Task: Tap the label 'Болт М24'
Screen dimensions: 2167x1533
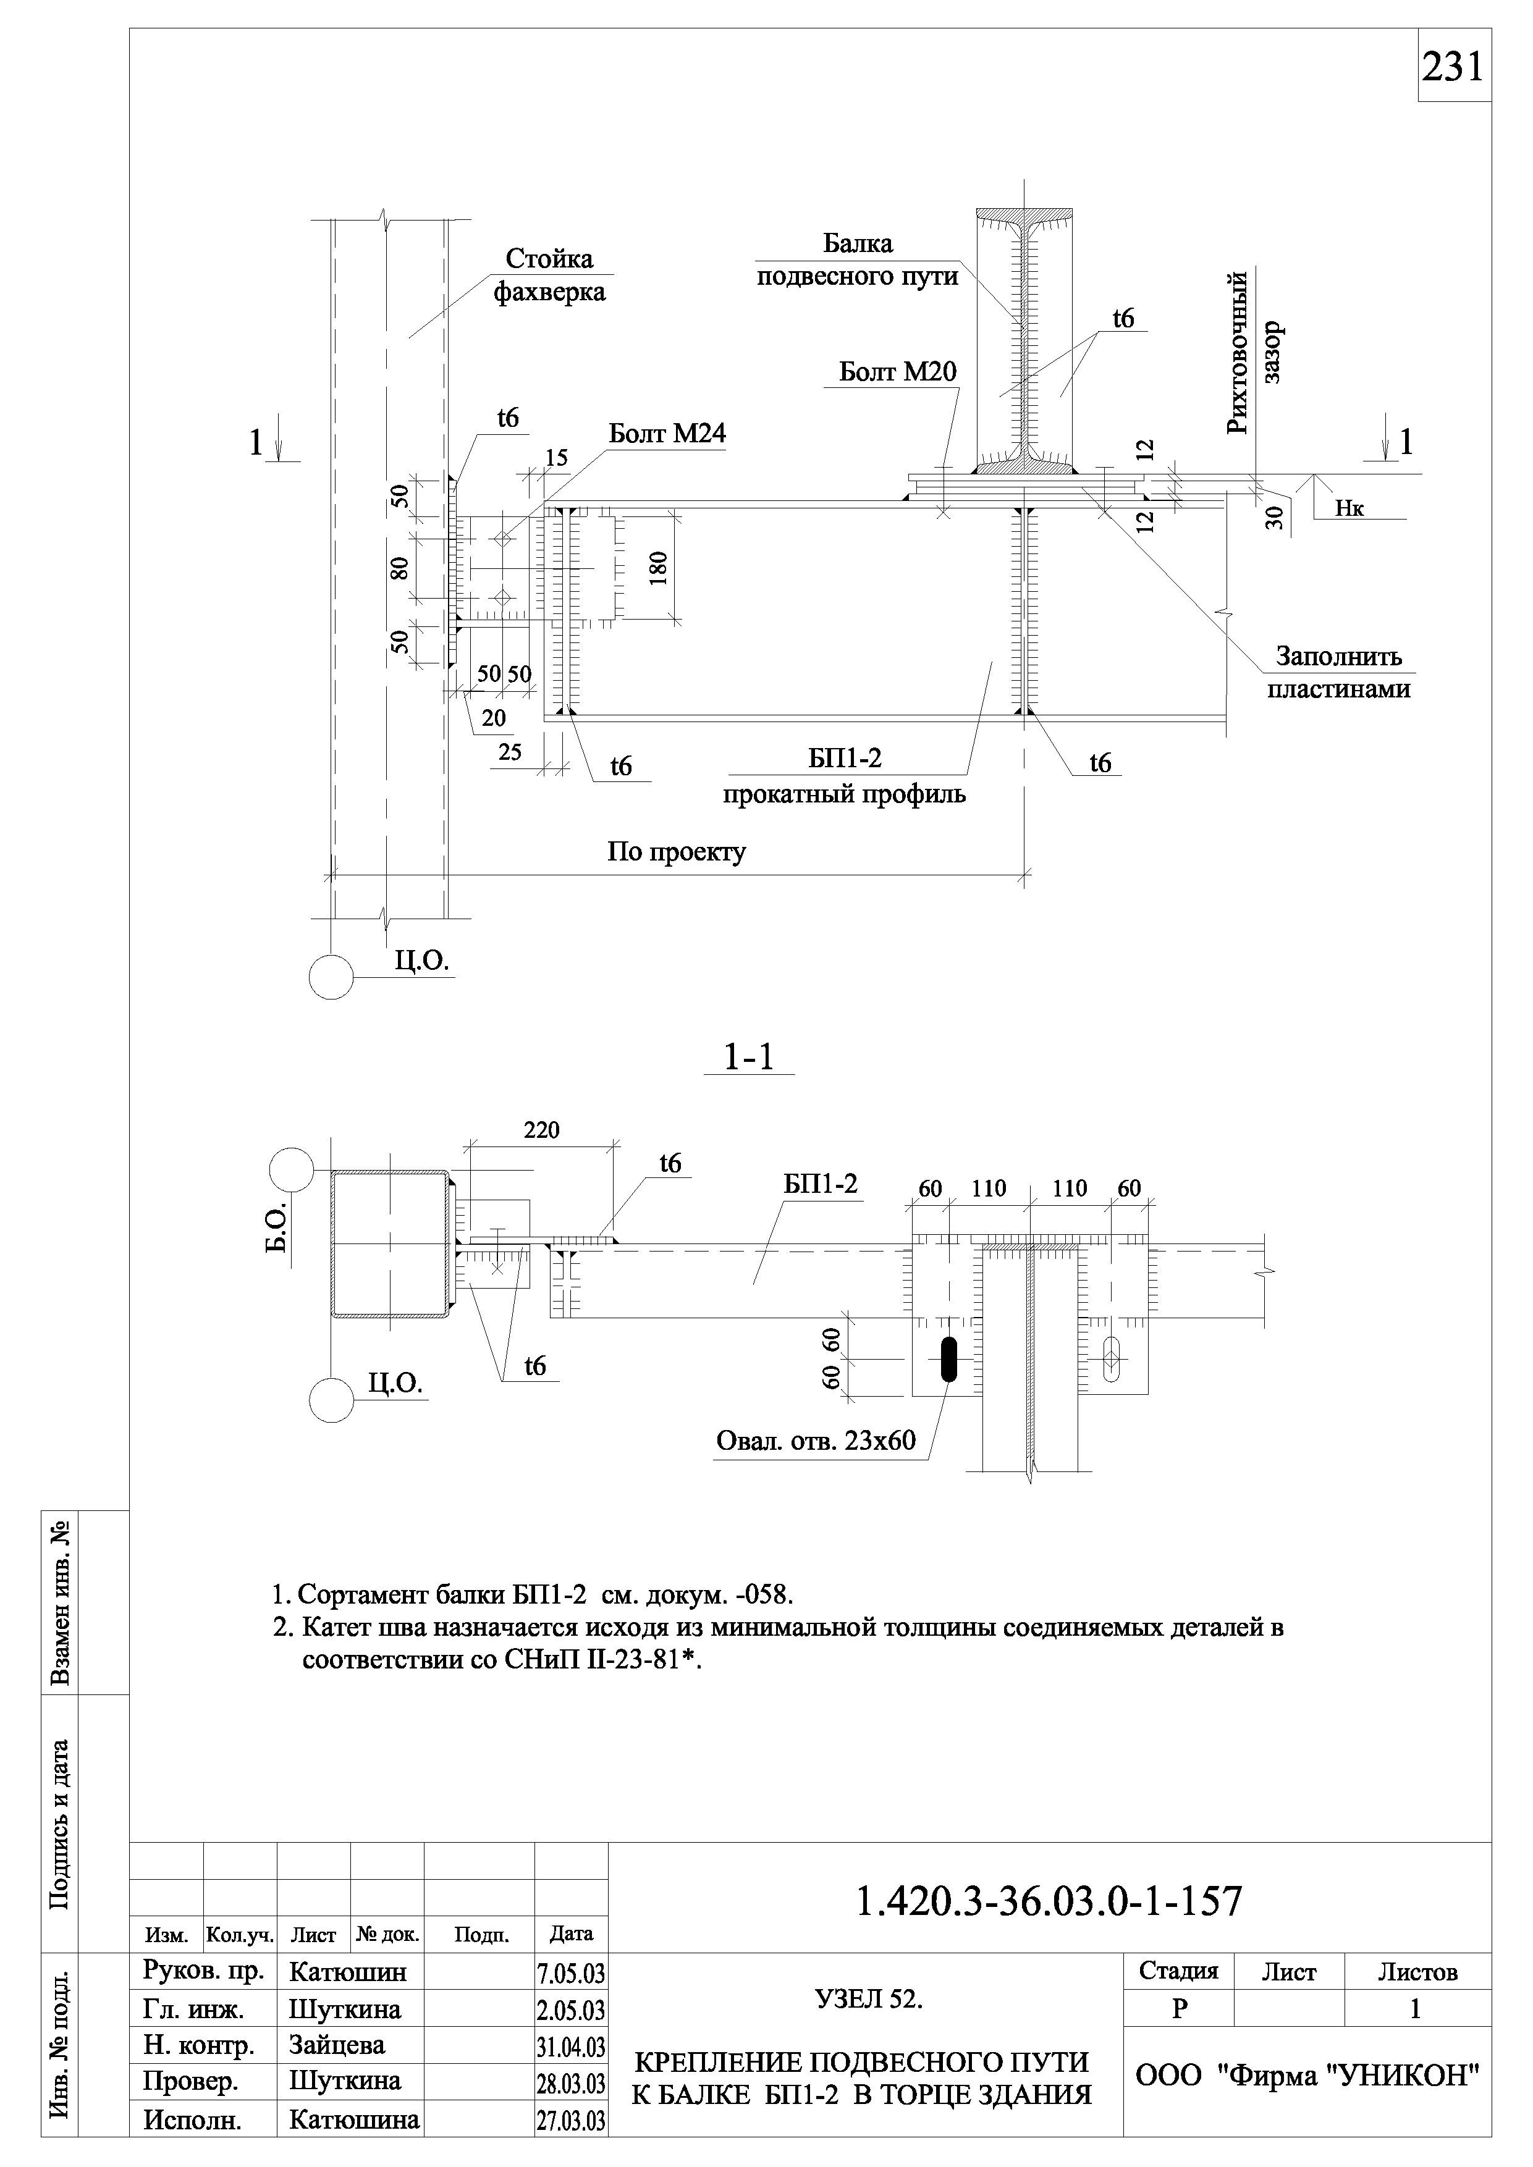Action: tap(667, 434)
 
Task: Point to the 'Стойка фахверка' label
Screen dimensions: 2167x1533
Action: tap(549, 276)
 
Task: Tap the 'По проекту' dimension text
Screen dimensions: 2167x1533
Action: tap(676, 852)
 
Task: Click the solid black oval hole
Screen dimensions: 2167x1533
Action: tap(948, 1359)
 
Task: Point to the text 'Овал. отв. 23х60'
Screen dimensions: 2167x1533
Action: tap(816, 1441)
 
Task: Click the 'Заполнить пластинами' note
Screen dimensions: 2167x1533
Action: tap(1338, 672)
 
